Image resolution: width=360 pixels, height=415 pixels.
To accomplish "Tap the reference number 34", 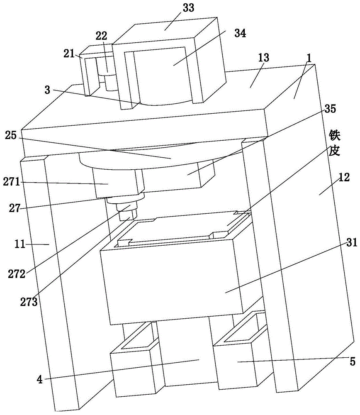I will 240,34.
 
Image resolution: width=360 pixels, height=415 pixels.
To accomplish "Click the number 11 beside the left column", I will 32,245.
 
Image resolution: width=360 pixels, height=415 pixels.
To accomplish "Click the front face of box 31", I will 174,282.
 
